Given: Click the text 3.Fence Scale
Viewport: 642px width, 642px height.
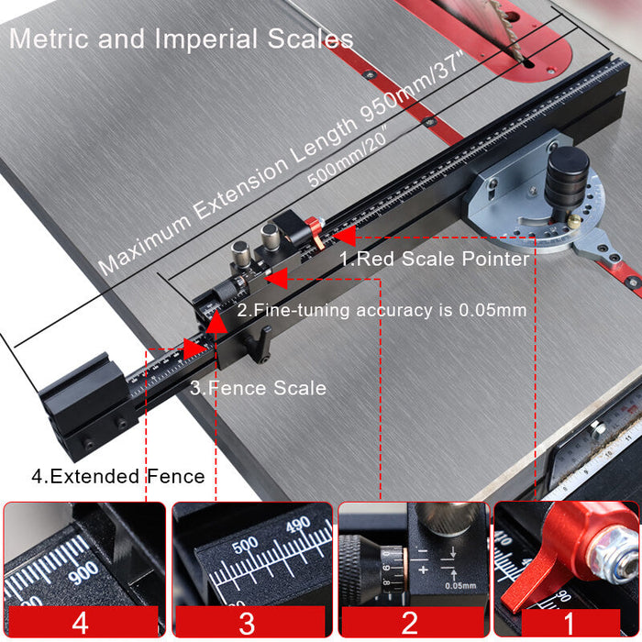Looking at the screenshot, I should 258,388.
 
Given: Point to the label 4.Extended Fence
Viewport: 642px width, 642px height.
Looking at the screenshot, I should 105,476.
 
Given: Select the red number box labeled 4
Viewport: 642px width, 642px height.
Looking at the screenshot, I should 83,624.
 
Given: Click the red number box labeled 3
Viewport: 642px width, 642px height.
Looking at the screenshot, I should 248,624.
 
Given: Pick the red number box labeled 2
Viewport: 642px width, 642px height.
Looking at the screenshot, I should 410,624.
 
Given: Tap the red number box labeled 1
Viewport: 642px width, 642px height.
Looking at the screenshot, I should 568,624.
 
